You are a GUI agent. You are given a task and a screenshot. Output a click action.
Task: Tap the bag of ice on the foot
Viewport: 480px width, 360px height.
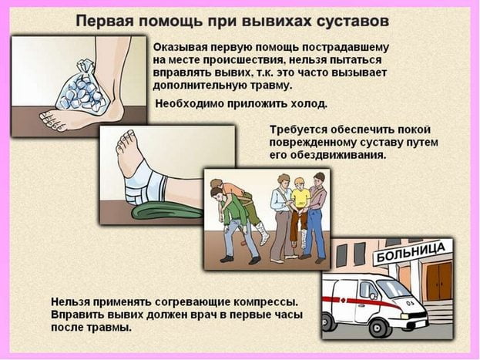[82, 88]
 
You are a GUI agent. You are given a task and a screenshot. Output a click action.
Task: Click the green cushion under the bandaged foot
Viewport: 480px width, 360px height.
[168, 210]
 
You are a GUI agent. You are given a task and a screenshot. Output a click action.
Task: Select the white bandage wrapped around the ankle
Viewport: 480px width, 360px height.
[146, 184]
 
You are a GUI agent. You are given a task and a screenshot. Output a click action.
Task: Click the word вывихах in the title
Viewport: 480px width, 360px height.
[277, 22]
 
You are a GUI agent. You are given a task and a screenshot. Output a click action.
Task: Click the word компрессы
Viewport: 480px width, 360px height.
[266, 301]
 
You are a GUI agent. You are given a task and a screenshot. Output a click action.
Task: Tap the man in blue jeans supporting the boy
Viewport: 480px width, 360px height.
[315, 217]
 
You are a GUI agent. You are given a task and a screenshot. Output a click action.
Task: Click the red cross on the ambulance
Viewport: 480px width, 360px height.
[343, 300]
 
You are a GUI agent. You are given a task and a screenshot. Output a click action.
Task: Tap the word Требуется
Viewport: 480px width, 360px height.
[298, 130]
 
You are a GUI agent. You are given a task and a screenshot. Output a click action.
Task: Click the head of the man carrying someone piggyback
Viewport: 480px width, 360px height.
[217, 193]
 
